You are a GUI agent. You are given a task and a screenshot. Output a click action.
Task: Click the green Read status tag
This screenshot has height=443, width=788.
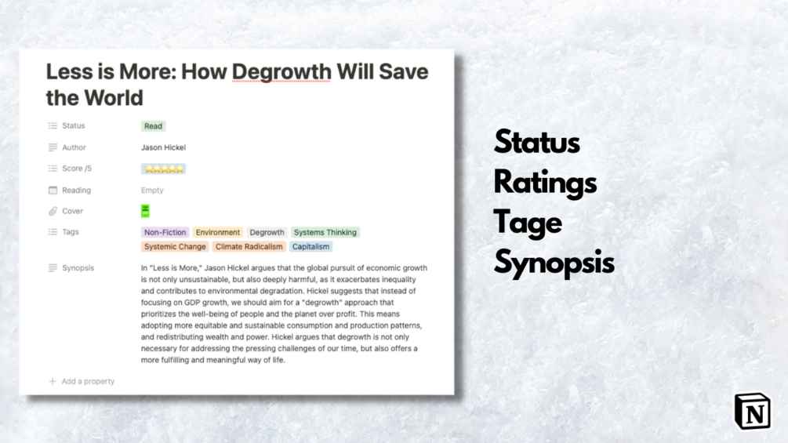tap(153, 126)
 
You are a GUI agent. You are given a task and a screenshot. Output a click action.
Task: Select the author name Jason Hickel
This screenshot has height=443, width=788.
tap(163, 147)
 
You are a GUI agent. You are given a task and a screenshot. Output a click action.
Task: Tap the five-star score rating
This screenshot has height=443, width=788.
tap(163, 169)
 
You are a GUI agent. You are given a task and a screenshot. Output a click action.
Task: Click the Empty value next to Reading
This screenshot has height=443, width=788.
tap(152, 191)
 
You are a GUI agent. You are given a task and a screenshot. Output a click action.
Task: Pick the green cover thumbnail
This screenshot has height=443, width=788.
tap(145, 211)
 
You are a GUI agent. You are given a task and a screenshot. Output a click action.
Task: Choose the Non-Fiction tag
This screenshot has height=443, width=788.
tap(165, 233)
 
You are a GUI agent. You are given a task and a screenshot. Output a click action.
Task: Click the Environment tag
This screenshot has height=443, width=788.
tap(218, 233)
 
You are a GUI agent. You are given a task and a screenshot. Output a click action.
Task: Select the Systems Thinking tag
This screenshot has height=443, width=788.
tap(325, 233)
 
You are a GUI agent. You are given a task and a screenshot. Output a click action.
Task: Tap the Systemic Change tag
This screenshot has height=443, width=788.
tap(175, 247)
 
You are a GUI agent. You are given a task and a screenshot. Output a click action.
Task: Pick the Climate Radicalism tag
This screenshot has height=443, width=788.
tap(249, 247)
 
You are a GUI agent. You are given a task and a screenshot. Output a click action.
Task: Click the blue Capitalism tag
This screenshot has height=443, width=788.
tap(310, 247)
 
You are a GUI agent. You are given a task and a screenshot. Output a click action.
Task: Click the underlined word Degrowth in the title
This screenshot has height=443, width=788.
tap(281, 72)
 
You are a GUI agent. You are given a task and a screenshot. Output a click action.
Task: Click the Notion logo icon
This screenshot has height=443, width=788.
tap(752, 412)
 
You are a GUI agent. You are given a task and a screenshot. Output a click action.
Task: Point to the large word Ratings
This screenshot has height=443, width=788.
tap(545, 183)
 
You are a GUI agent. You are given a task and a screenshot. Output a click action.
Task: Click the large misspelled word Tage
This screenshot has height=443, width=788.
tap(528, 223)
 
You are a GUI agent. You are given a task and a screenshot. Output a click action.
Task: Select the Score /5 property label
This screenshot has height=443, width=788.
tap(77, 169)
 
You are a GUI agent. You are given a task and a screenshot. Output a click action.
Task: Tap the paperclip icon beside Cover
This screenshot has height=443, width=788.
tap(53, 211)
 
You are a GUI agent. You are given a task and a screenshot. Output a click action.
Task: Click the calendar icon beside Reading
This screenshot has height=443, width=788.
tap(53, 191)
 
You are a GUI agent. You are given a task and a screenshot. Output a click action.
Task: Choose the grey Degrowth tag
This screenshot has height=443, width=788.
tap(267, 233)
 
